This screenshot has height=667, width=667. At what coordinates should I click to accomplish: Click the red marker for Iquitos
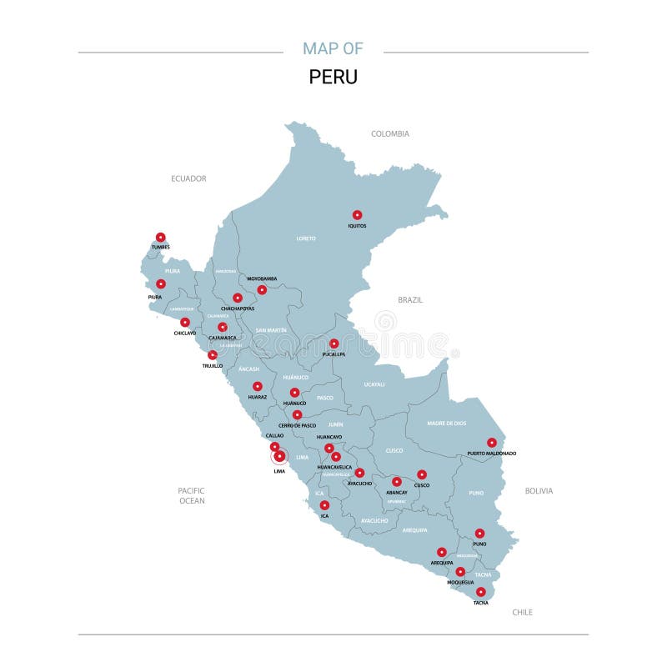pyautogui.click(x=357, y=215)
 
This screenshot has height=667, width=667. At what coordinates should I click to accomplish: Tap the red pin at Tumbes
pyautogui.click(x=161, y=237)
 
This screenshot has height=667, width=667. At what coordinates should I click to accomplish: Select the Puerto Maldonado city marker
pyautogui.click(x=492, y=443)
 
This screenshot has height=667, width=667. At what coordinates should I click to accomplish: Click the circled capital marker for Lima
pyautogui.click(x=279, y=456)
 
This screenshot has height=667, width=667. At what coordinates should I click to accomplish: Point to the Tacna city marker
pyautogui.click(x=481, y=592)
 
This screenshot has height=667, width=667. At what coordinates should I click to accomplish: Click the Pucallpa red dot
pyautogui.click(x=333, y=344)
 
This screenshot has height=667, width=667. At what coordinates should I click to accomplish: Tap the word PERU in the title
pyautogui.click(x=333, y=77)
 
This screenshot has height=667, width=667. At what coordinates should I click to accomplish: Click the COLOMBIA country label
pyautogui.click(x=390, y=133)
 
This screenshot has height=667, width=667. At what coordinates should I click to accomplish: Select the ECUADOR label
pyautogui.click(x=188, y=178)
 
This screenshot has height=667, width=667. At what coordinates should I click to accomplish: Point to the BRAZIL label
pyautogui.click(x=410, y=299)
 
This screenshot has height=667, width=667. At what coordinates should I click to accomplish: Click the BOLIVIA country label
pyautogui.click(x=539, y=491)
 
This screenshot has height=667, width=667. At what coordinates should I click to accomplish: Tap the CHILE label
pyautogui.click(x=522, y=612)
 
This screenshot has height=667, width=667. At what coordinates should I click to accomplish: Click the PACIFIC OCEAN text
pyautogui.click(x=192, y=495)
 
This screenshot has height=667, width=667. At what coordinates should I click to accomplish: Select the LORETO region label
pyautogui.click(x=306, y=238)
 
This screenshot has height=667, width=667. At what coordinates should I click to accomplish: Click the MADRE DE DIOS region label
pyautogui.click(x=446, y=423)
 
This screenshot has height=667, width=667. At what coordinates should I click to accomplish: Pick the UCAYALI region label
pyautogui.click(x=374, y=384)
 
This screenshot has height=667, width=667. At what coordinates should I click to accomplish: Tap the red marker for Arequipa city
pyautogui.click(x=442, y=552)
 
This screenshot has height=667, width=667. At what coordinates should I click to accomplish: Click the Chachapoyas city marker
pyautogui.click(x=238, y=298)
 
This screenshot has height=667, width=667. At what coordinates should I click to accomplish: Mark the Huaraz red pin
pyautogui.click(x=258, y=386)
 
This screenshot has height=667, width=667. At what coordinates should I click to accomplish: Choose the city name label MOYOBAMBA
pyautogui.click(x=262, y=278)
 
